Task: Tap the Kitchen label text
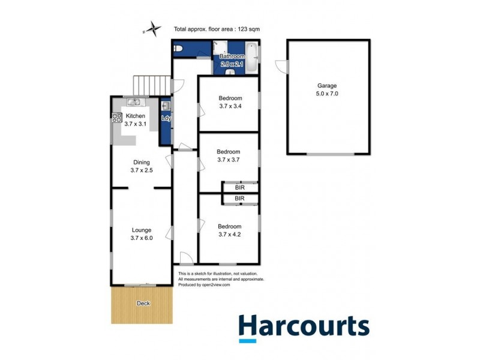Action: click(x=135, y=116)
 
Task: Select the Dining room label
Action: click(x=141, y=162)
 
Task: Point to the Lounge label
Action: click(x=142, y=230)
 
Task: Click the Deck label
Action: click(x=143, y=304)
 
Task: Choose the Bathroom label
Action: click(x=232, y=56)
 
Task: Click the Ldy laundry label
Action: click(x=166, y=118)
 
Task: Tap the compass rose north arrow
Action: click(x=154, y=28)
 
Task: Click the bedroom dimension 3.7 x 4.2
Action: click(x=229, y=235)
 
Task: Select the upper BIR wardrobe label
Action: click(x=239, y=187)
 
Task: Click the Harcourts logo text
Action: click(x=304, y=327)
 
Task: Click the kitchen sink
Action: click(x=133, y=102)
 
